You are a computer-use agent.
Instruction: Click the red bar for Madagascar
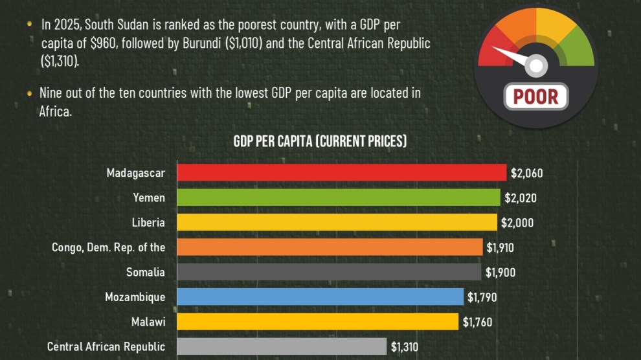pos(341,173)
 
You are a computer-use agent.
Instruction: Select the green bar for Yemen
pos(339,197)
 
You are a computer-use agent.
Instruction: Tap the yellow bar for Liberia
pos(337,222)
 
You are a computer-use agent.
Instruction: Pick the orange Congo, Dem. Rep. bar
pos(330,247)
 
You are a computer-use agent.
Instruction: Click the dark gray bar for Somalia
pos(329,272)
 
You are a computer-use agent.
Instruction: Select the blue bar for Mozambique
pos(320,297)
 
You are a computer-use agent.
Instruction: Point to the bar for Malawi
pos(318,322)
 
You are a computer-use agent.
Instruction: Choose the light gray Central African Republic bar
pos(282,346)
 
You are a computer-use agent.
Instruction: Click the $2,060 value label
pos(526,173)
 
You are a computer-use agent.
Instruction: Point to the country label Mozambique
pos(135,297)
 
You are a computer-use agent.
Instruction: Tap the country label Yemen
pos(149,197)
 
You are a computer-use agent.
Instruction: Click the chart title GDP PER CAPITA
pos(320,141)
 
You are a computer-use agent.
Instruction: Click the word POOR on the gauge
pos(535,96)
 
